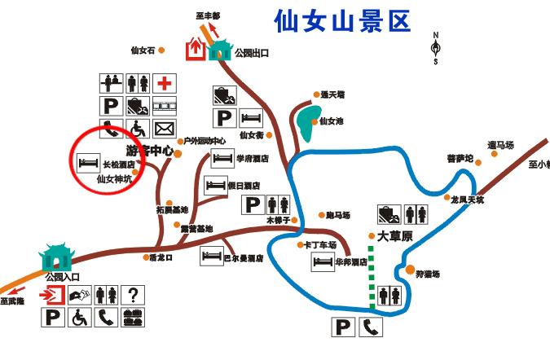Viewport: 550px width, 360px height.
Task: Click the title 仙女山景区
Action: [341, 20]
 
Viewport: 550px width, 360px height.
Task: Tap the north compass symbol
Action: [436, 48]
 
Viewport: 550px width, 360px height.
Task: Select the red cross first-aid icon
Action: [165, 83]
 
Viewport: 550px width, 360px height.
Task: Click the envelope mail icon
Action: [165, 128]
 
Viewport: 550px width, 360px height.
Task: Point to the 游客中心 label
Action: [150, 151]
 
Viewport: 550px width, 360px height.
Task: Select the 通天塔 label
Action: [332, 94]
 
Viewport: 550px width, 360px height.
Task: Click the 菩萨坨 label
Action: [460, 159]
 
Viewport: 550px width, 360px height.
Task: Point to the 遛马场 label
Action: [500, 145]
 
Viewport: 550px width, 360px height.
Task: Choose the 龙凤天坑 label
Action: [467, 199]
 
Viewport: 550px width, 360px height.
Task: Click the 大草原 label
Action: [396, 237]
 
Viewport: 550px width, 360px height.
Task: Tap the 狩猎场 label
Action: [428, 274]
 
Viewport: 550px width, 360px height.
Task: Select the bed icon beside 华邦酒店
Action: [323, 262]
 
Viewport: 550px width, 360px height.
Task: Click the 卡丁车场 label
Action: [319, 244]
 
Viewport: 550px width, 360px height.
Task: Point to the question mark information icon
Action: [132, 294]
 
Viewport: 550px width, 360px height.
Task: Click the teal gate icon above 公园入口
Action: [58, 257]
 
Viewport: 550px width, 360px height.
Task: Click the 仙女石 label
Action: [143, 50]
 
